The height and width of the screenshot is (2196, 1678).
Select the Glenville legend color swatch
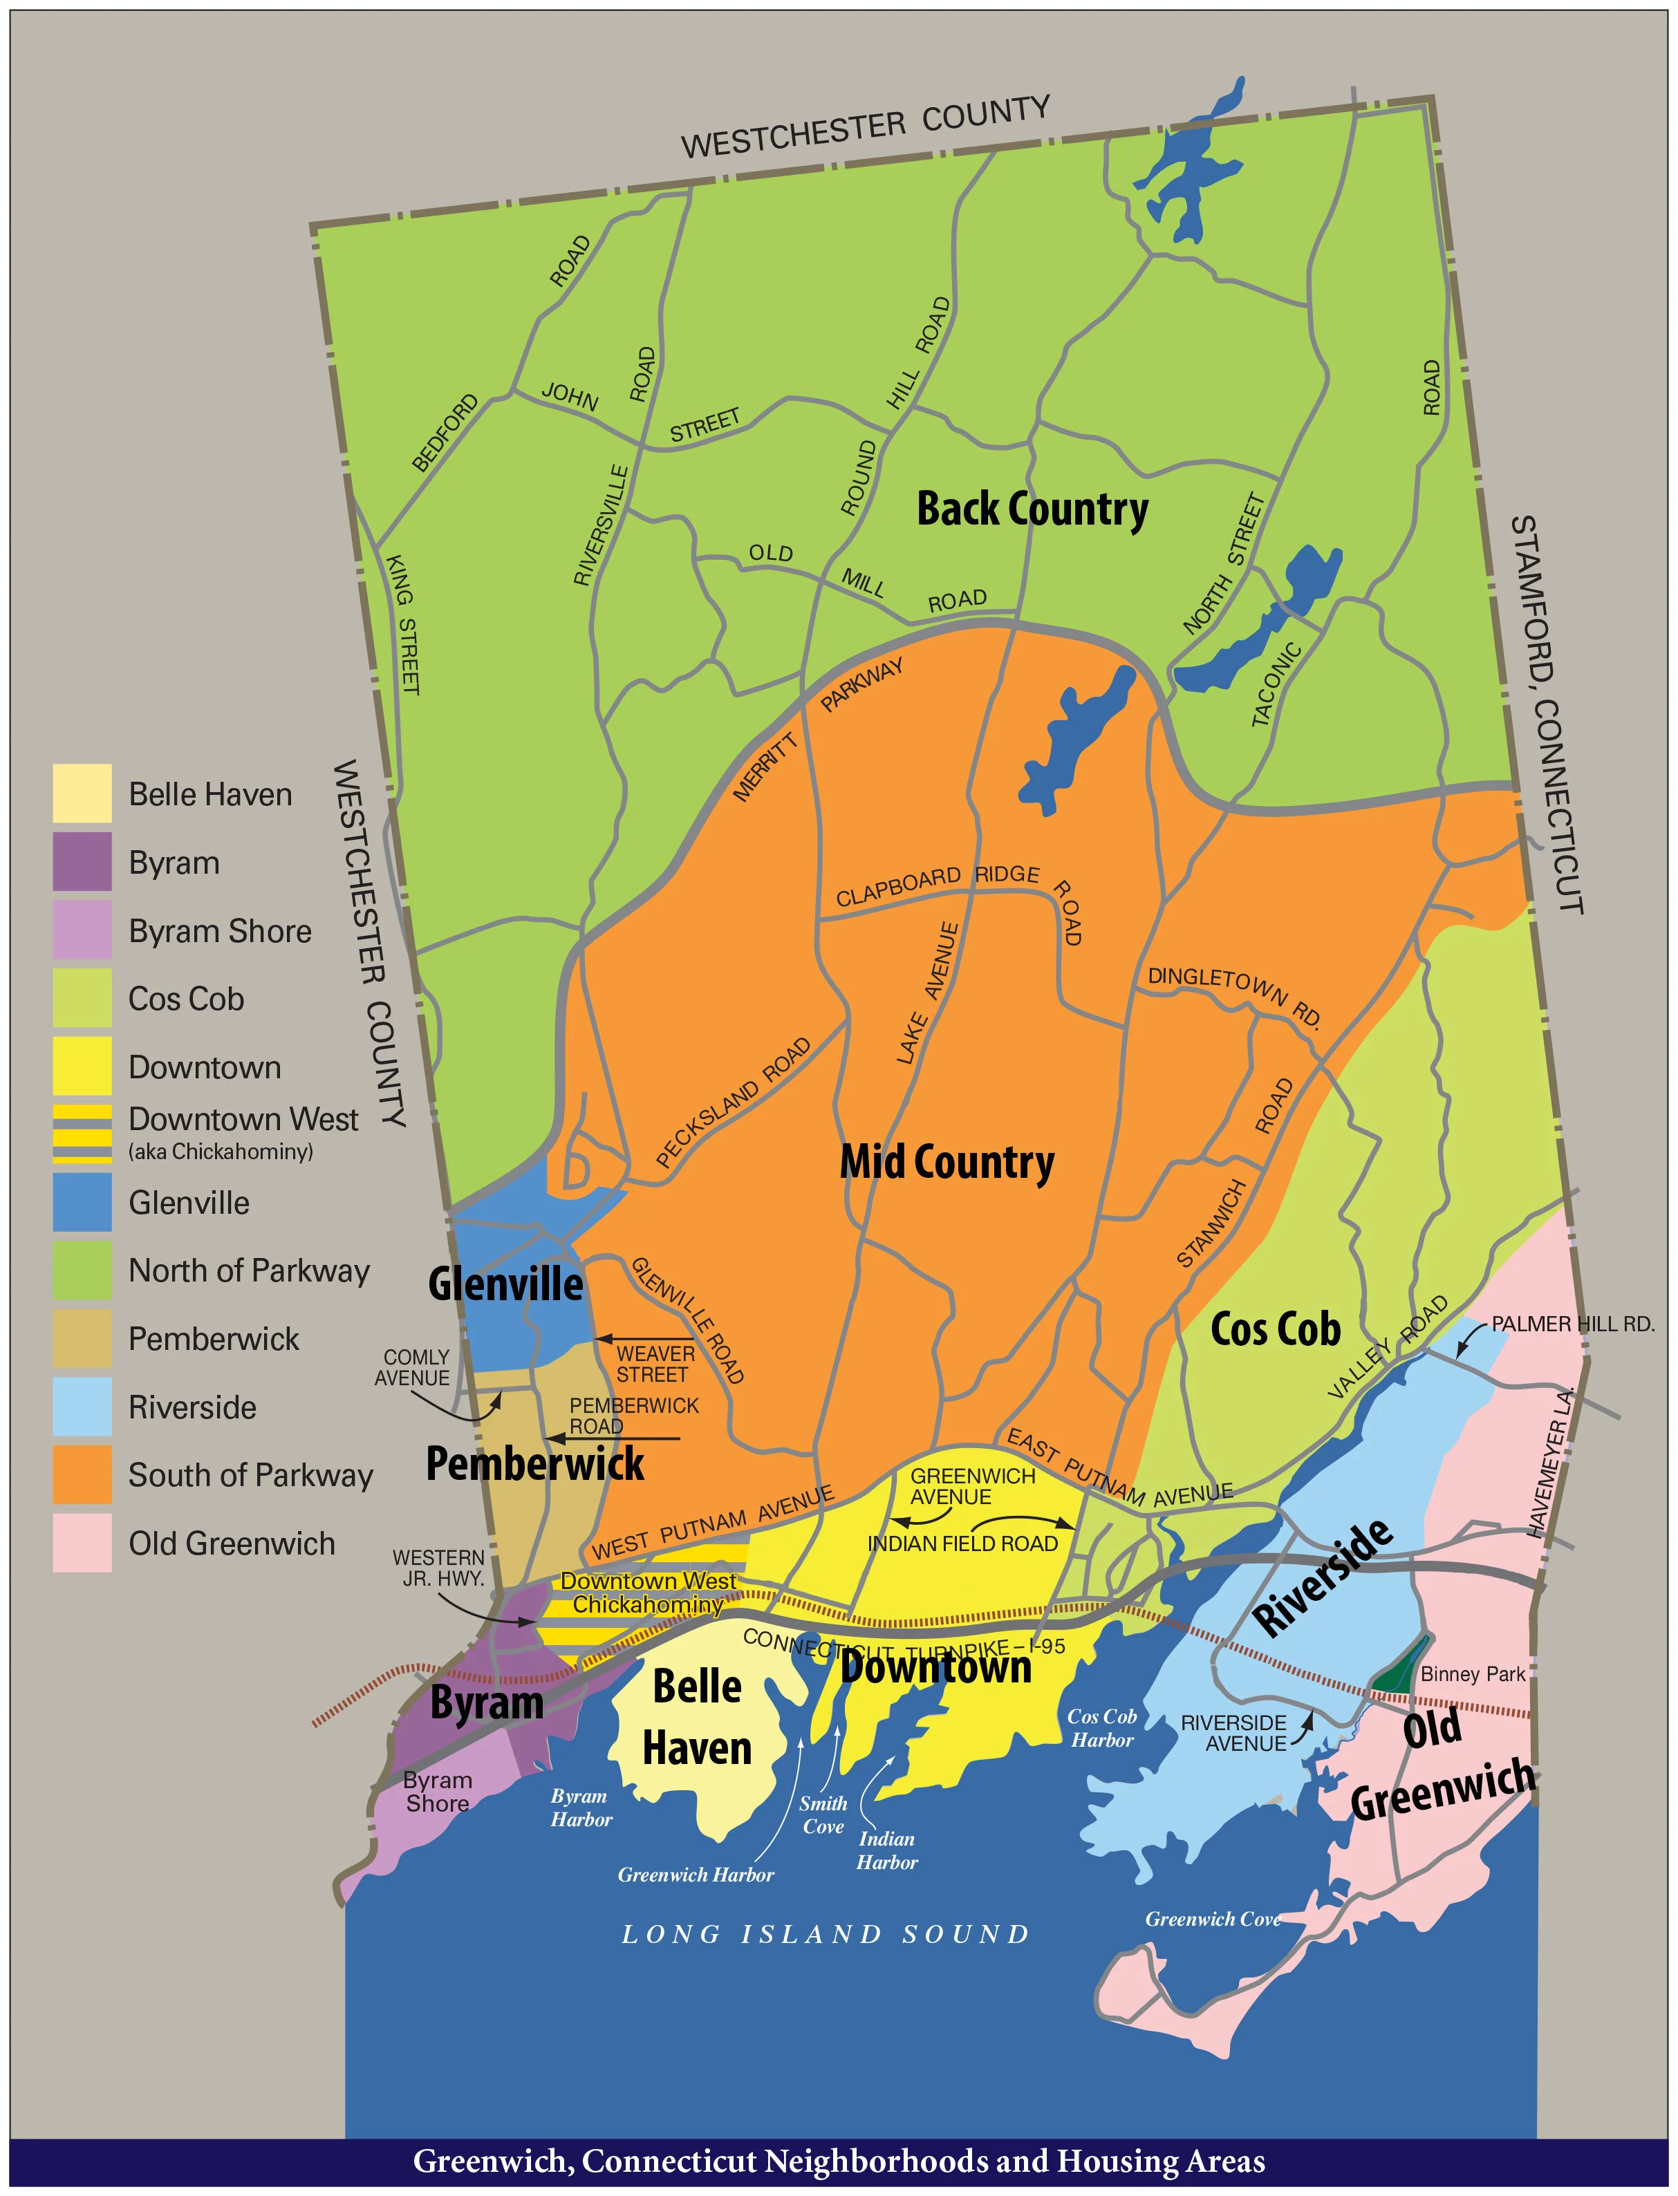(x=82, y=1201)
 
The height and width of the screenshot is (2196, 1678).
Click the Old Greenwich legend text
(x=232, y=1543)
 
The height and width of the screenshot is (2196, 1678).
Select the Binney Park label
(x=1472, y=1673)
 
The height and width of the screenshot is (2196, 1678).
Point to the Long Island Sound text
(x=825, y=1934)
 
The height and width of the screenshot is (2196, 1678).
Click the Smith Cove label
(x=823, y=1814)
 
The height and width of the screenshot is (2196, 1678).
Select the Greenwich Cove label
(x=1211, y=1918)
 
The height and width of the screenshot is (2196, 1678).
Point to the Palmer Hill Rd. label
(x=1572, y=1324)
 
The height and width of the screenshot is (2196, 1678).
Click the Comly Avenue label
(x=413, y=1367)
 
